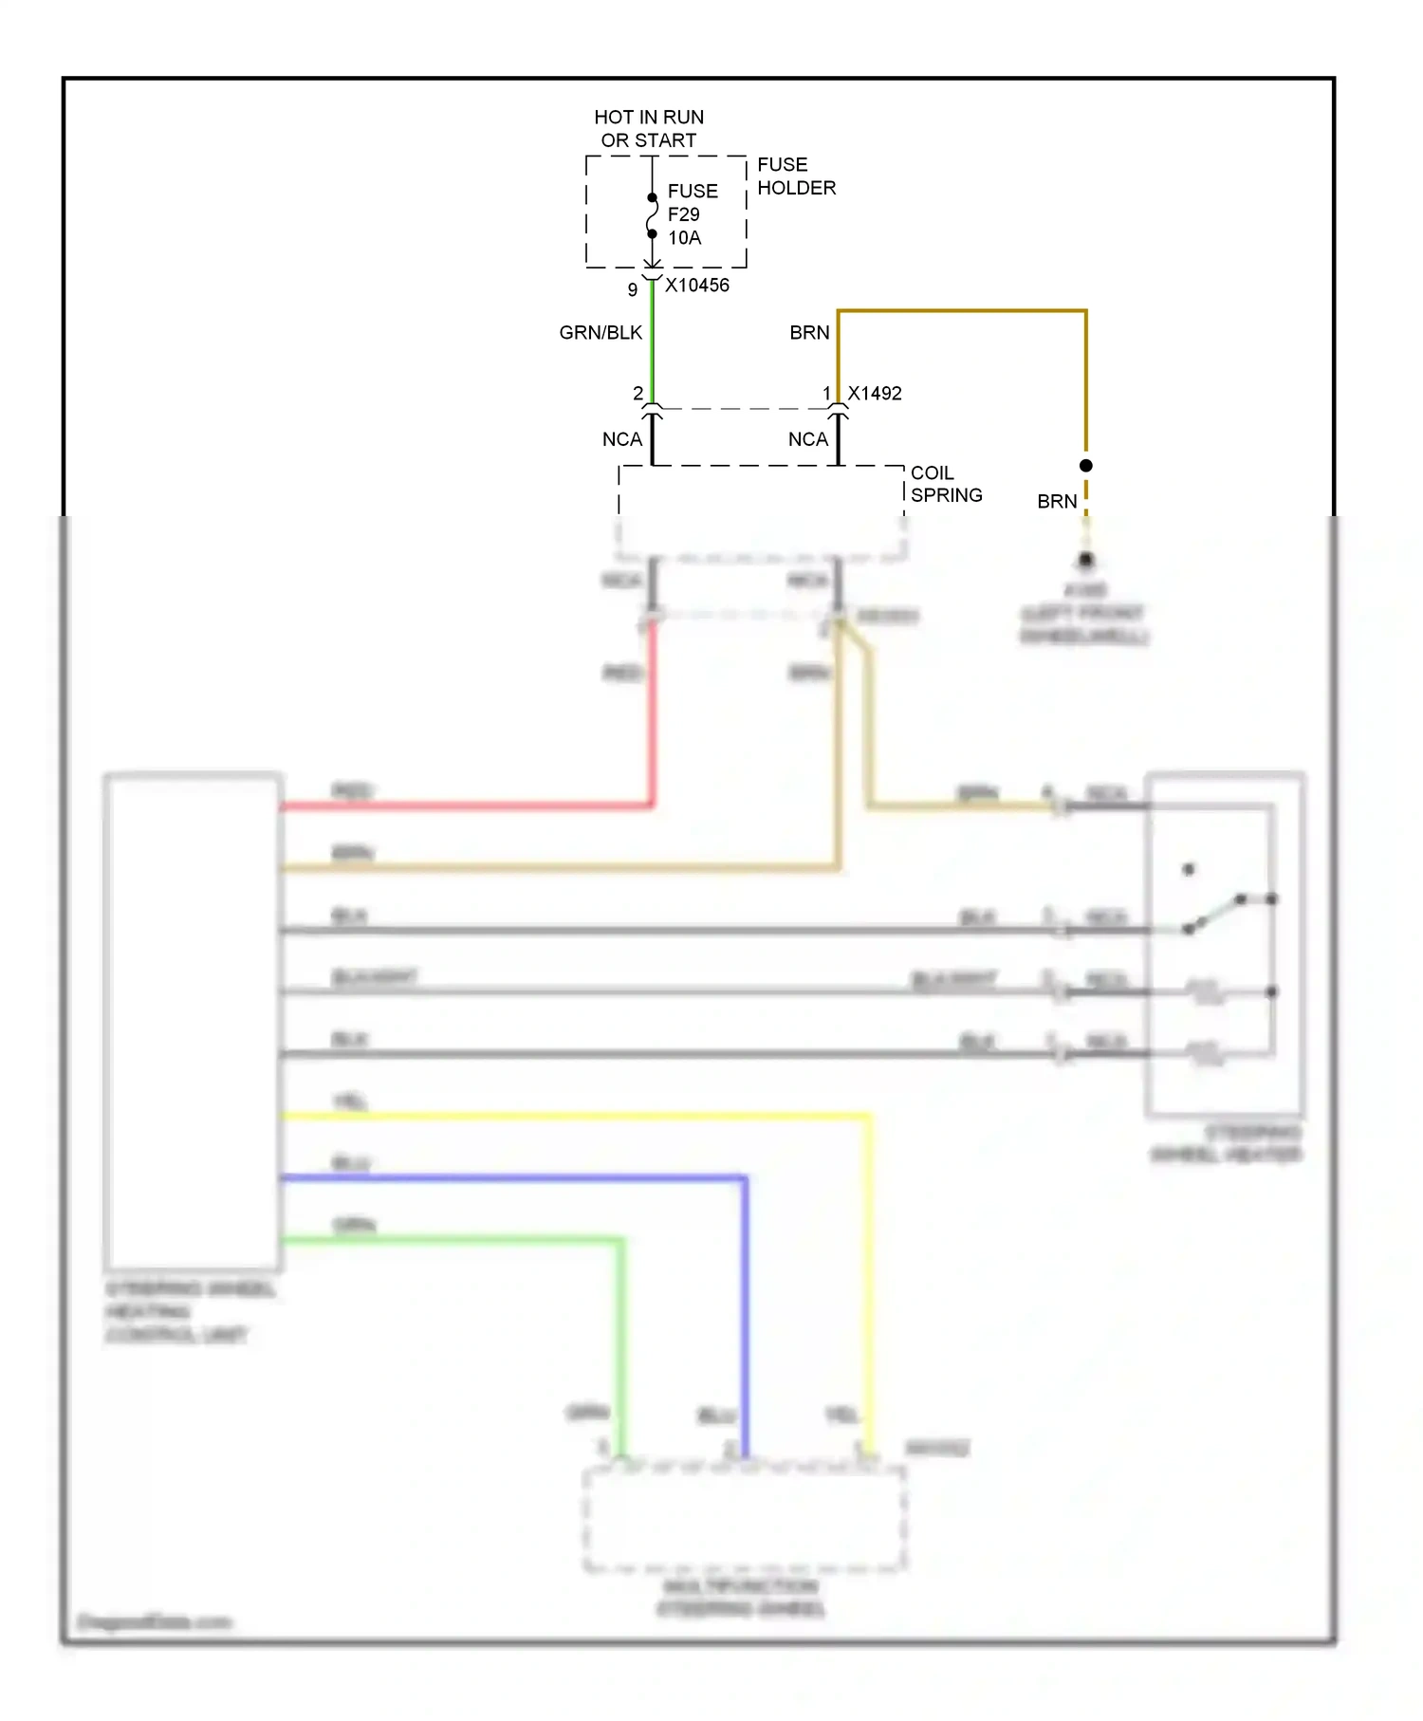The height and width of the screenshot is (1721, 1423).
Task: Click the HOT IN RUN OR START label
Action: click(649, 128)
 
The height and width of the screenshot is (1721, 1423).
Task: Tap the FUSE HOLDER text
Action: click(795, 176)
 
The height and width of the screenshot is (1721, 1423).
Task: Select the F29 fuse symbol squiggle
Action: click(652, 216)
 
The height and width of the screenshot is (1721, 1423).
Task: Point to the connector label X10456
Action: click(697, 286)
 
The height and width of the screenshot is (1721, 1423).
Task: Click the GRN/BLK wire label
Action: click(601, 333)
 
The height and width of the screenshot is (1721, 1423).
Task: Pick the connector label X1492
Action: click(875, 394)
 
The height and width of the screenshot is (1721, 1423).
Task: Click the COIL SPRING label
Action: click(945, 484)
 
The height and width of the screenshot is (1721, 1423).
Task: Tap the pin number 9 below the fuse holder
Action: click(633, 290)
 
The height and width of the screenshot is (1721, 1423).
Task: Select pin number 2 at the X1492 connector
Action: click(638, 393)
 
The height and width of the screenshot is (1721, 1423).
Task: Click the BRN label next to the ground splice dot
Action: click(1057, 502)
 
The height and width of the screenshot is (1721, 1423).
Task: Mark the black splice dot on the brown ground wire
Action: click(1086, 466)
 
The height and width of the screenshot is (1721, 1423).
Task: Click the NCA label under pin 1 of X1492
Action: click(808, 440)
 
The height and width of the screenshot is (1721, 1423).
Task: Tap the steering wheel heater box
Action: click(1224, 944)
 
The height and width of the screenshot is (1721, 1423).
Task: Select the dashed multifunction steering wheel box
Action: click(744, 1518)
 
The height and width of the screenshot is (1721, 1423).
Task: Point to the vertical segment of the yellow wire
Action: click(869, 1281)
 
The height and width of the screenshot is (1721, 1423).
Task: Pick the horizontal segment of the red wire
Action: click(465, 806)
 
